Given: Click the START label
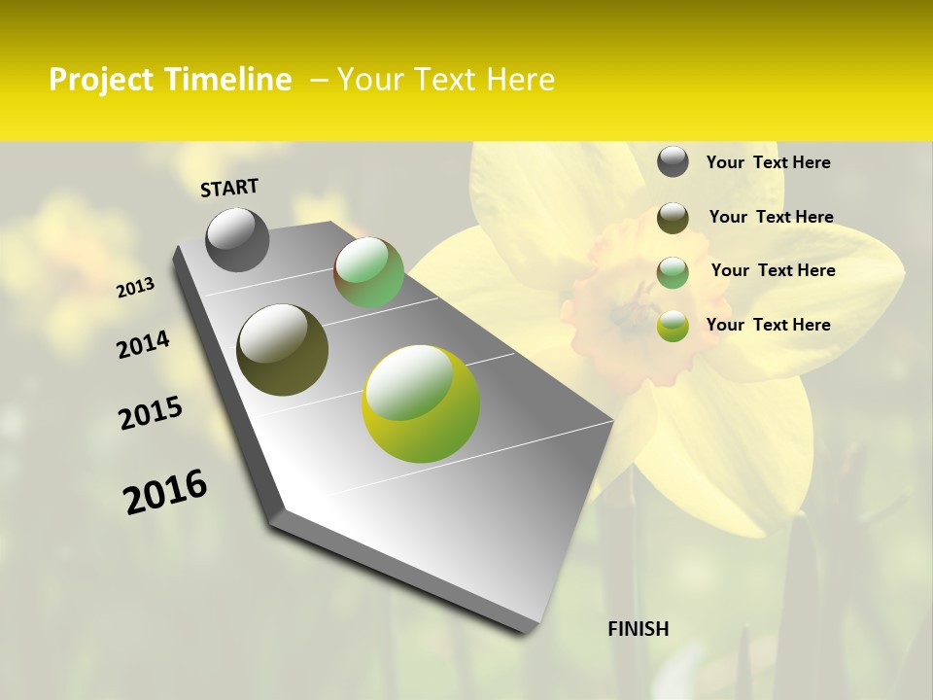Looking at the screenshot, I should (229, 187).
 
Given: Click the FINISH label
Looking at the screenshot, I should (638, 629).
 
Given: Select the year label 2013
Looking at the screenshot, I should (135, 288).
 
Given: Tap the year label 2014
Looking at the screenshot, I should (143, 344).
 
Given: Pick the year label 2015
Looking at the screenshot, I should (151, 413).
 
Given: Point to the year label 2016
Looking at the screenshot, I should (165, 491).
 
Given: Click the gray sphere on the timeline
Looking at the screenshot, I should (238, 239).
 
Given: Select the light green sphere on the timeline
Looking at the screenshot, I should (369, 272).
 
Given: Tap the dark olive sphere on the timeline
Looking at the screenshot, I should (282, 350).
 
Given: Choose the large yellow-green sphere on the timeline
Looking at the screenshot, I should (421, 403).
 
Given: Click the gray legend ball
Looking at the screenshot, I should (673, 162).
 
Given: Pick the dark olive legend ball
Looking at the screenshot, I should (673, 218).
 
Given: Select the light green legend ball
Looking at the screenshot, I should (673, 271).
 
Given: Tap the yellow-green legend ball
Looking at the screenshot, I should (673, 326).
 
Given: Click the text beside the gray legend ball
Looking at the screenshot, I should (768, 162).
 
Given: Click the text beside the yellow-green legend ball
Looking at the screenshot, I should (768, 325).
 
